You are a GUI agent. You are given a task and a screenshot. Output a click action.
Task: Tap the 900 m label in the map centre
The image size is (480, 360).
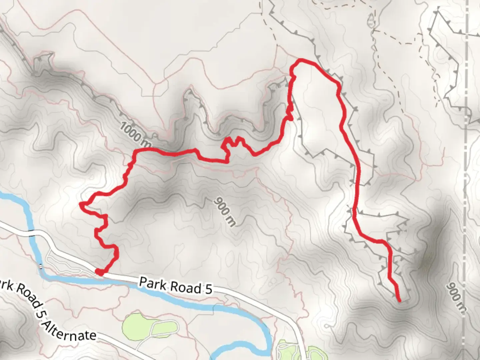click(x=224, y=212)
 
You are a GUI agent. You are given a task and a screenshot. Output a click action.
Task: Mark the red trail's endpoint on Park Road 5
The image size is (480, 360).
click(x=99, y=272)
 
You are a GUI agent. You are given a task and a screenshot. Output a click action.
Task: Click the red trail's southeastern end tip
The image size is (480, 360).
click(x=399, y=301)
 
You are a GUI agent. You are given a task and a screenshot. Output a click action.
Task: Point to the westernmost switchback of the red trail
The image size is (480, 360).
click(x=81, y=204)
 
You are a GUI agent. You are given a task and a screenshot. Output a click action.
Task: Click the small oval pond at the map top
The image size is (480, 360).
click(x=371, y=23)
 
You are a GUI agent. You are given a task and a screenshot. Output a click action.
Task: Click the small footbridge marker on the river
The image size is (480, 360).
click(x=41, y=266)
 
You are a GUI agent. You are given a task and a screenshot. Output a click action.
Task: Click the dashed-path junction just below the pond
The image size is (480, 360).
click(x=373, y=31)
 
